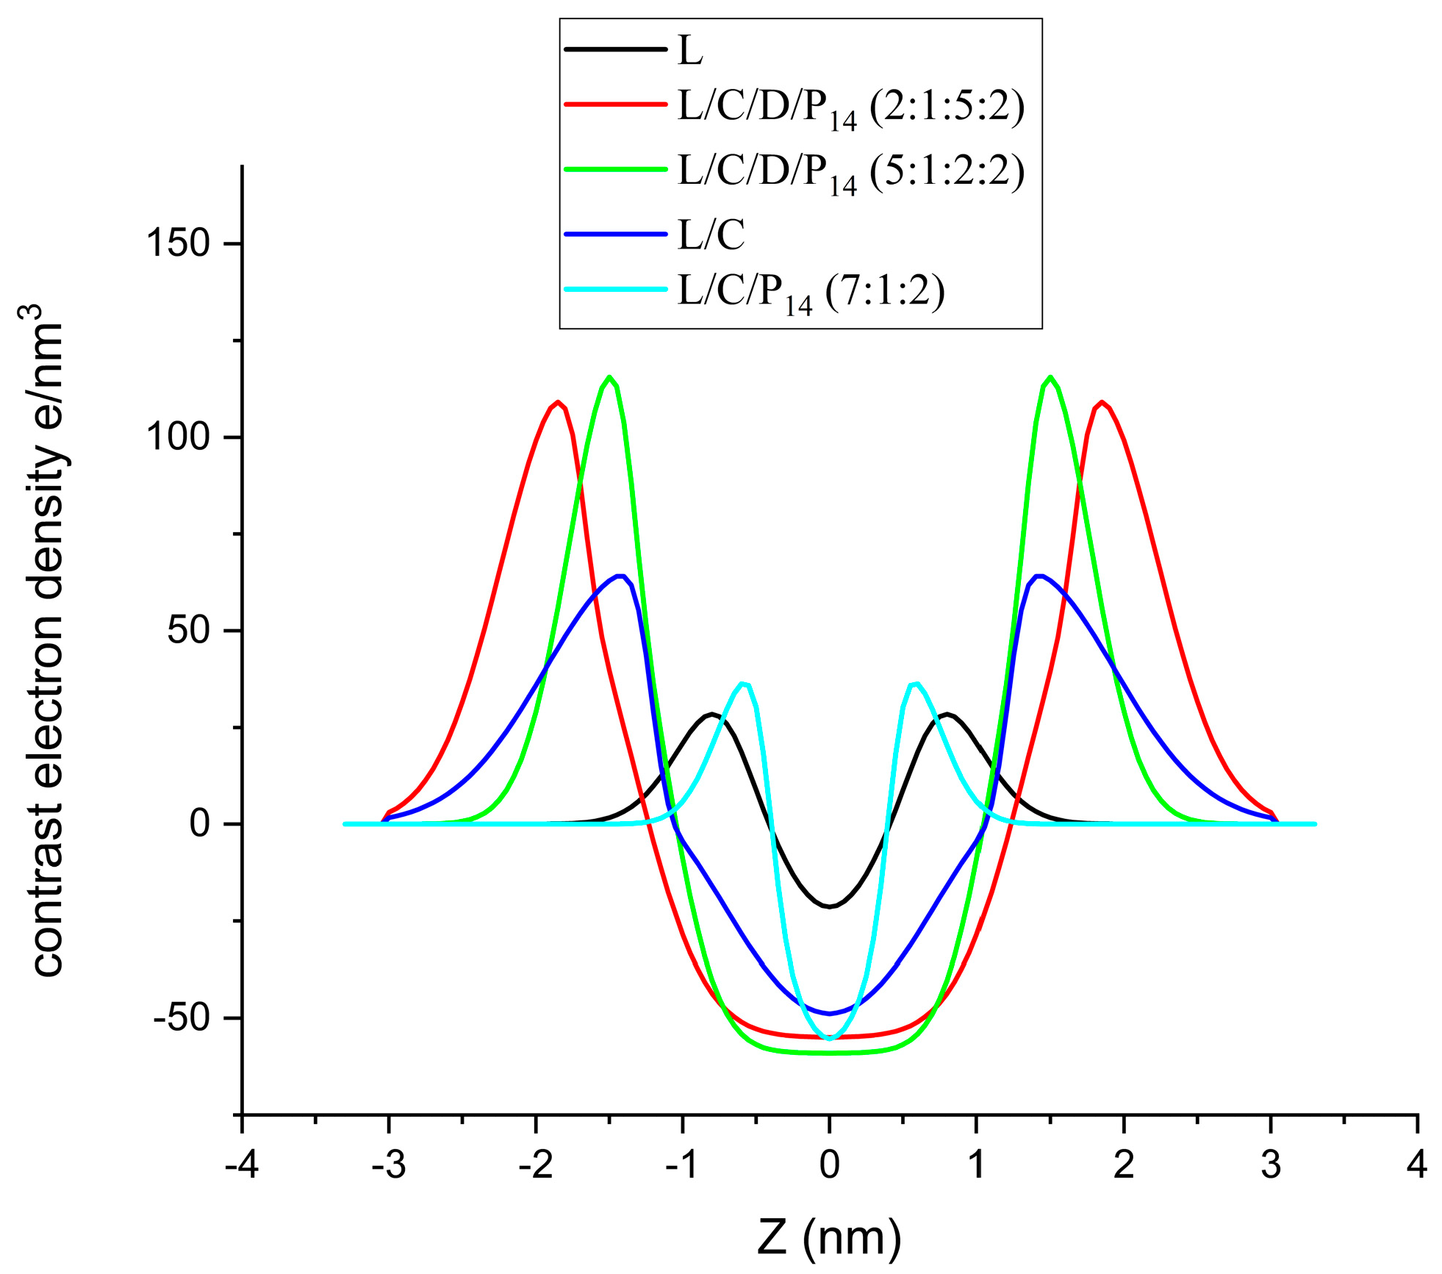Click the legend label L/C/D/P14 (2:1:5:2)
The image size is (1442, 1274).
(x=850, y=109)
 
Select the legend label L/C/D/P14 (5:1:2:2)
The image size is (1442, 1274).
(x=850, y=173)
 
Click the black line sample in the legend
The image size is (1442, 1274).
(x=615, y=49)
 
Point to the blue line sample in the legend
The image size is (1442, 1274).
(x=615, y=234)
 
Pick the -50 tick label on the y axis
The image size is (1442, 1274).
(x=181, y=1018)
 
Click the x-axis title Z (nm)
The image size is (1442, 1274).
(x=829, y=1238)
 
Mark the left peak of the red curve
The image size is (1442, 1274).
(x=558, y=402)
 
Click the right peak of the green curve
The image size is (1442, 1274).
(x=1051, y=377)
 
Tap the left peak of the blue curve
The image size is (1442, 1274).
(x=620, y=576)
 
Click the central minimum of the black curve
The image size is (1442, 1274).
(x=830, y=906)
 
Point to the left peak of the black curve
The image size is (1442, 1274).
(x=711, y=715)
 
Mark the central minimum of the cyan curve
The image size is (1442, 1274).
(x=830, y=1039)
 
